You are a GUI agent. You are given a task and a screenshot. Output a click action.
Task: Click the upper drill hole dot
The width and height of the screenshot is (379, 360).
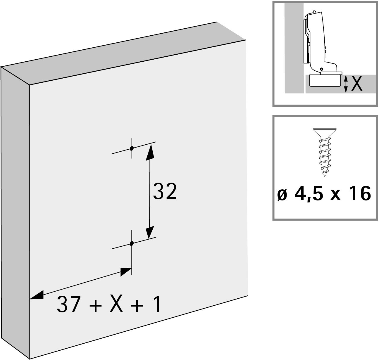point(132,148)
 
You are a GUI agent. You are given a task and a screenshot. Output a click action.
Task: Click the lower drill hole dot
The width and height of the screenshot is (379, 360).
point(132,243)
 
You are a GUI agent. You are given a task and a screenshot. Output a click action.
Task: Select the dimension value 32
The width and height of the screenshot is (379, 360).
point(165,192)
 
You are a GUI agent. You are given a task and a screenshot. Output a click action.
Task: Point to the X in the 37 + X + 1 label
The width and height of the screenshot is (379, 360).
point(117,304)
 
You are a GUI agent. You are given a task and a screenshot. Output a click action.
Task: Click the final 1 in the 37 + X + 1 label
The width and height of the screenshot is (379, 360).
point(157,304)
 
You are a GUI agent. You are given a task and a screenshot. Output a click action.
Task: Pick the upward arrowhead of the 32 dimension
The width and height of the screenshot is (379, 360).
point(150,152)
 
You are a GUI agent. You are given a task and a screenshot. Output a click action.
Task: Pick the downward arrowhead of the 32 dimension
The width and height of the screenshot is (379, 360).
point(150,232)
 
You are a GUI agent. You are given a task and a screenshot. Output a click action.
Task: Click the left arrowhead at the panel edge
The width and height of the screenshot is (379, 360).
point(36,295)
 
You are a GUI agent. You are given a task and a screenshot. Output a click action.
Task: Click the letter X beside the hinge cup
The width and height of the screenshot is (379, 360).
point(356,84)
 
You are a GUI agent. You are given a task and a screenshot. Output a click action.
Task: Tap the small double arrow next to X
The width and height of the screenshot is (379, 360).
point(346,84)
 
